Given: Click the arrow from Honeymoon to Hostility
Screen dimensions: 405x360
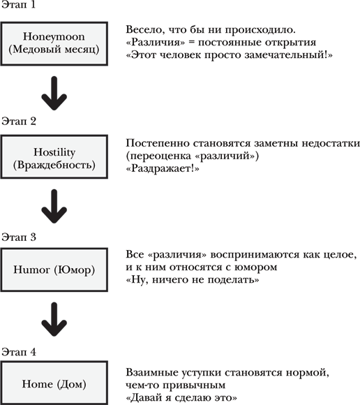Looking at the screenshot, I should [56, 94].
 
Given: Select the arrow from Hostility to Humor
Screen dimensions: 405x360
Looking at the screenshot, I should [56, 207].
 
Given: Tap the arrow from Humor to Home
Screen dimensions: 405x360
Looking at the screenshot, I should [56, 321].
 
